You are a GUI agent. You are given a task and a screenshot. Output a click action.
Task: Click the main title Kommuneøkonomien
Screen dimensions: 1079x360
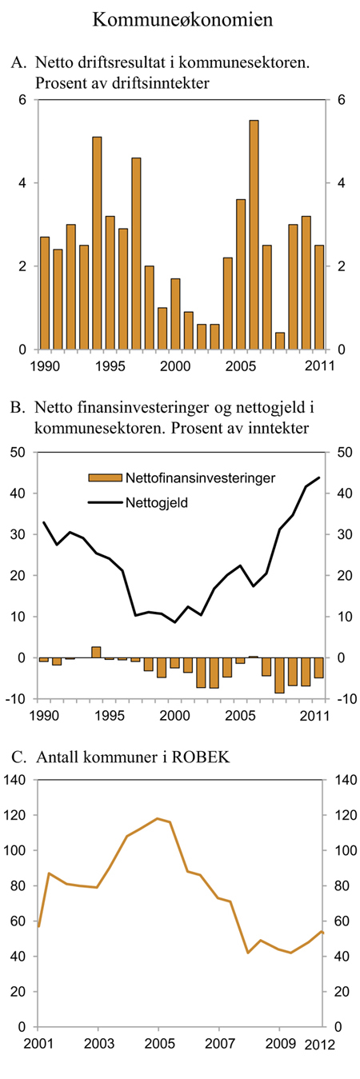coord(182,19)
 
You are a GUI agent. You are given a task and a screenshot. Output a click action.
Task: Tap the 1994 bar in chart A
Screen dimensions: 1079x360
coord(97,243)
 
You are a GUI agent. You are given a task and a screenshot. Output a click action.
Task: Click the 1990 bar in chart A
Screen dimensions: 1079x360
coord(45,294)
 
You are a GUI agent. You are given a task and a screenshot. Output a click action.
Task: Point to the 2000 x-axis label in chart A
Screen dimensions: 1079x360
coord(176,366)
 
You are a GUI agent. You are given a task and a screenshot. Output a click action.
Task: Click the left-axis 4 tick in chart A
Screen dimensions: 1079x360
coord(23,183)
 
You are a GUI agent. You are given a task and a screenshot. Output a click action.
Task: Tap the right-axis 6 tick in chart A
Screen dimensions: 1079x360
coord(341,100)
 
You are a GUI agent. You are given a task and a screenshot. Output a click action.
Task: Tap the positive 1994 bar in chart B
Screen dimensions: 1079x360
coord(97,652)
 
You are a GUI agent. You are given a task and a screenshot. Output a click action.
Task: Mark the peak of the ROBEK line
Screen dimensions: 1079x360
coord(158,818)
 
